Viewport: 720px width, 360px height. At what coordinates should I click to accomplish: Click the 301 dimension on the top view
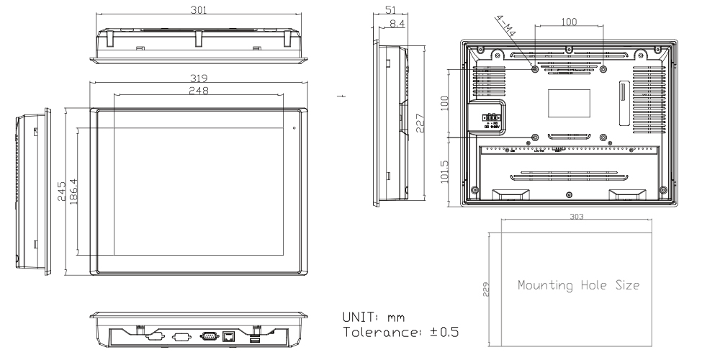click(199, 12)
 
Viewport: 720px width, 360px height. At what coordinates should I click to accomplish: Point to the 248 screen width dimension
click(198, 90)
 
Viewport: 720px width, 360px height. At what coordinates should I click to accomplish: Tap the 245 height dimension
click(62, 191)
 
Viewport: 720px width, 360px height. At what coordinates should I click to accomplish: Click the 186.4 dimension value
click(73, 191)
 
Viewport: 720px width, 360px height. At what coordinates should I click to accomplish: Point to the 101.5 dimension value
click(444, 174)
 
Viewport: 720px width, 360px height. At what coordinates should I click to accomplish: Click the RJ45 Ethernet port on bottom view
click(229, 335)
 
